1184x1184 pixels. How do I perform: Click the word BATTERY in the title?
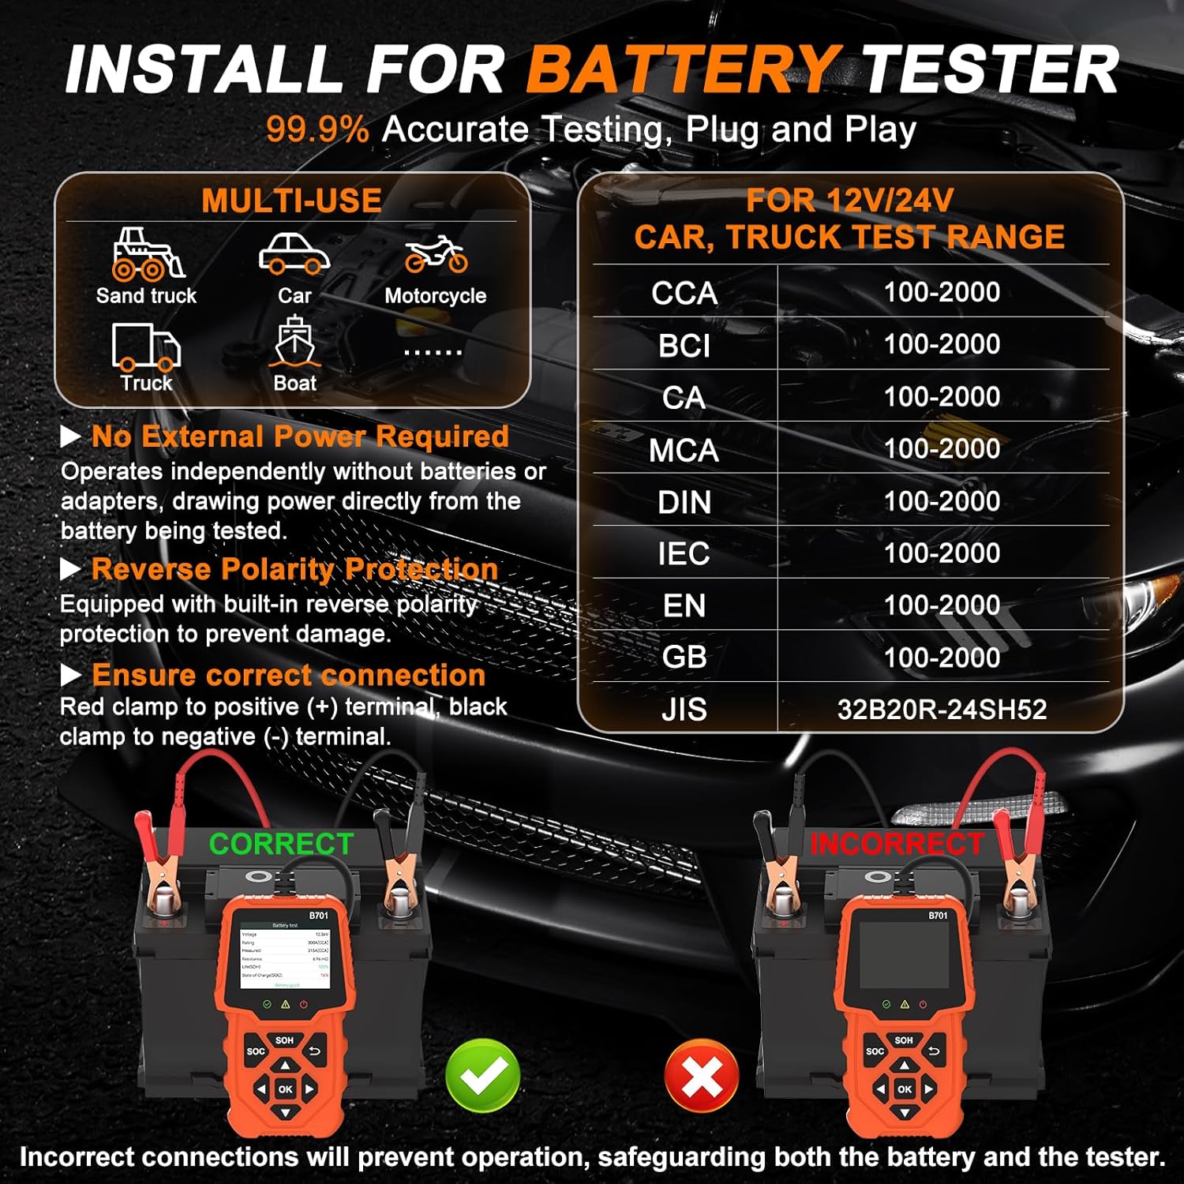(x=683, y=69)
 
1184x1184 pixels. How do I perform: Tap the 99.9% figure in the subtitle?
(x=317, y=129)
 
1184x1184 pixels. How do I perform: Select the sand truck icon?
(x=147, y=254)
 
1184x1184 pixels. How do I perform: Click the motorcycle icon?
(x=436, y=254)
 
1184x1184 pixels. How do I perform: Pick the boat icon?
(x=294, y=343)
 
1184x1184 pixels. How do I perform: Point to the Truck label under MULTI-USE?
(x=147, y=384)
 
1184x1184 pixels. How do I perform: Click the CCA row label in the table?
(x=684, y=293)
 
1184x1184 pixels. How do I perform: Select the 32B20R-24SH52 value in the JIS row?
(x=942, y=710)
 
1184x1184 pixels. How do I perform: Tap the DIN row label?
(x=684, y=502)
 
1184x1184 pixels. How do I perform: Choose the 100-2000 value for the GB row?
(x=942, y=658)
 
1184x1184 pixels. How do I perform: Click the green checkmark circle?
(x=482, y=1076)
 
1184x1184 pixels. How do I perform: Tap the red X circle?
(x=702, y=1076)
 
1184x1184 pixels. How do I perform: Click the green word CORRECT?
(x=281, y=844)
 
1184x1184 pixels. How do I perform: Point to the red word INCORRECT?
(x=897, y=844)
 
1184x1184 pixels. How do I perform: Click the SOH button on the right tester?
(x=904, y=1040)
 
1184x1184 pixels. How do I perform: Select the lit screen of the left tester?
(x=285, y=955)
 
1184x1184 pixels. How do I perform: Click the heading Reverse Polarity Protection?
(x=294, y=569)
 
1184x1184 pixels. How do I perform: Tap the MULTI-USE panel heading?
(x=291, y=200)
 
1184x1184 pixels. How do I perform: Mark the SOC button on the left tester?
(x=256, y=1051)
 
